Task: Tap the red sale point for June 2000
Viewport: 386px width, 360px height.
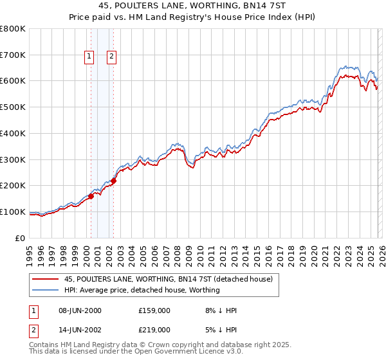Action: (91, 196)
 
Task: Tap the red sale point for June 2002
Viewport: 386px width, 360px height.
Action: (113, 181)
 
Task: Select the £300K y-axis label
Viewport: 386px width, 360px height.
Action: (14, 159)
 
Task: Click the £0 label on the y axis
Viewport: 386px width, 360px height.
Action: (21, 238)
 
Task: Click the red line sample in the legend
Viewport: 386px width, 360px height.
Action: (45, 279)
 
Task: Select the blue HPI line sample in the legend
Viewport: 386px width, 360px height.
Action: (45, 290)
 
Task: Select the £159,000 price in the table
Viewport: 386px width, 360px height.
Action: (154, 310)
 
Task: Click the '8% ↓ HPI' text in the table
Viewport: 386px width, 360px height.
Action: (219, 310)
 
